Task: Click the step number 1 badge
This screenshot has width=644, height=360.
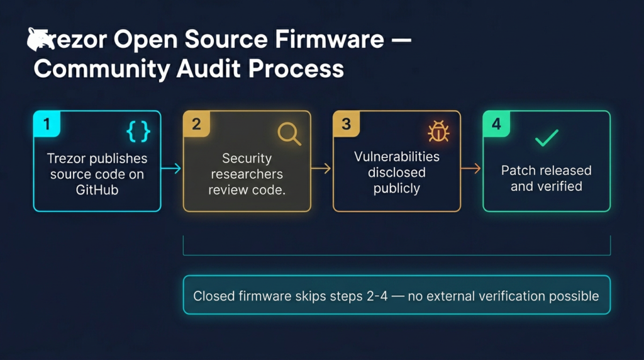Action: (47, 124)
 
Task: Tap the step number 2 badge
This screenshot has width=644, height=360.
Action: (196, 124)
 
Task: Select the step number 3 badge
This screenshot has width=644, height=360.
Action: (346, 124)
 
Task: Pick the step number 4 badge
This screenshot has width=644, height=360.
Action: (496, 124)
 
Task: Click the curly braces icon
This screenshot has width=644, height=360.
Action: (138, 131)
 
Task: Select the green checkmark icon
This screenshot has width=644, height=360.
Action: (546, 138)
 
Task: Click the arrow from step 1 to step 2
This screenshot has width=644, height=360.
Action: (172, 168)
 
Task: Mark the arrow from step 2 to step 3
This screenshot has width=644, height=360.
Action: (321, 168)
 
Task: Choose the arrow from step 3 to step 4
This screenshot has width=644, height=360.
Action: (471, 168)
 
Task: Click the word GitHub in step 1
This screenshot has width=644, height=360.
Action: (97, 189)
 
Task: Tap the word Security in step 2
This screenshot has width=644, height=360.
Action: (247, 158)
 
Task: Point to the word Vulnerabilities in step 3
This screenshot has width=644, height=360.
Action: (396, 156)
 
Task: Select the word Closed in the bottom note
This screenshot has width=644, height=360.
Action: (214, 295)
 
